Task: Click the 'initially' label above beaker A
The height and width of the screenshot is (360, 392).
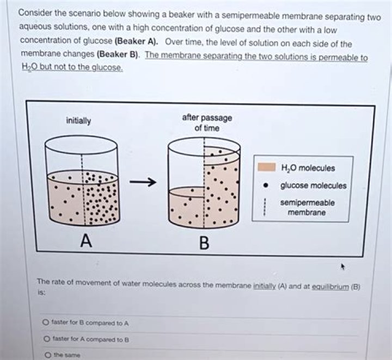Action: [79, 121]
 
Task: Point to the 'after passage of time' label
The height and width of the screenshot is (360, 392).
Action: [207, 123]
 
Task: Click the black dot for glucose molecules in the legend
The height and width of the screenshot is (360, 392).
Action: [266, 185]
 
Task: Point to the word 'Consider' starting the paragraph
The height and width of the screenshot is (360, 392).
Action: [34, 13]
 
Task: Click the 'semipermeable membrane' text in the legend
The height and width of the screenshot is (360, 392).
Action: [308, 207]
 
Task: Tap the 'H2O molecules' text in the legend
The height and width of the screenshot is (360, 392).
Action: [308, 168]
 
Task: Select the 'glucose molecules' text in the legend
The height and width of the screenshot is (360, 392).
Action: [313, 185]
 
